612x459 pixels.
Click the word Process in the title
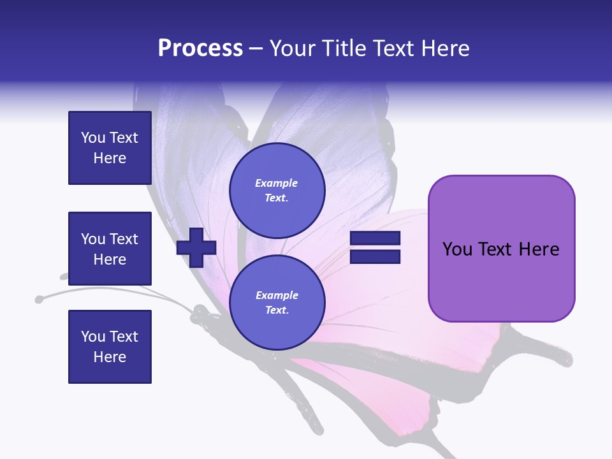click(200, 48)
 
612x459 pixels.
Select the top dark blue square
click(110, 148)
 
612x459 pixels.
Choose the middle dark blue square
click(110, 249)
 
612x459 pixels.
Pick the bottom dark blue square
click(110, 346)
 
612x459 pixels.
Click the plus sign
click(196, 247)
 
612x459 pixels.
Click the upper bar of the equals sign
click(375, 238)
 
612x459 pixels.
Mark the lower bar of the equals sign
click(375, 256)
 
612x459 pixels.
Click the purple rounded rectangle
click(501, 287)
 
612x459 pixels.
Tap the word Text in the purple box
click(495, 249)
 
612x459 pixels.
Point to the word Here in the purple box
click(539, 249)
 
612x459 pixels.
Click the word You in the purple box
click(458, 249)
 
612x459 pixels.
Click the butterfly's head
click(199, 312)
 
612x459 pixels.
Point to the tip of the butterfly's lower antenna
click(40, 298)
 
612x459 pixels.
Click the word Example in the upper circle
click(276, 183)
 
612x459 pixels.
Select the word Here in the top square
click(110, 158)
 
